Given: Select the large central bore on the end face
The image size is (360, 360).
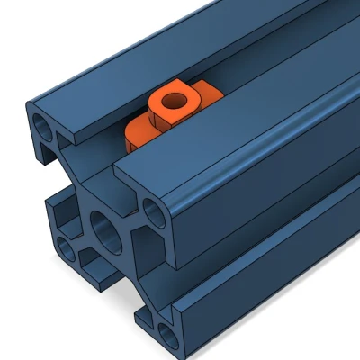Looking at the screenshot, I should (x=105, y=231).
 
